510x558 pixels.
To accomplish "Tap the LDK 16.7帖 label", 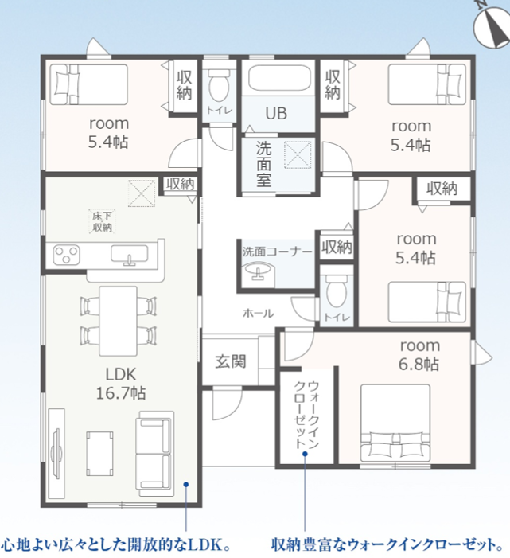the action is point(121,384).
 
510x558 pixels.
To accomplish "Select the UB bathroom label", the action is point(276,114).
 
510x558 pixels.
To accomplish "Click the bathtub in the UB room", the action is point(279,78).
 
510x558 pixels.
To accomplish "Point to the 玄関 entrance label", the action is point(231,361).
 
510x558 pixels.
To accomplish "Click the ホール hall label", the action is point(259,314).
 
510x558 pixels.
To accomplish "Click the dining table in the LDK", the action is point(118,321).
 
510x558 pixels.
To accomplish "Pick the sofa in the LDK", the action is point(155,454).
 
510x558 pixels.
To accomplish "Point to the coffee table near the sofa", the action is point(100,454).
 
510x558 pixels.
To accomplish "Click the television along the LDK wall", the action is point(56,453).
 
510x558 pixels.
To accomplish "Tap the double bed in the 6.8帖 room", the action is point(395,423).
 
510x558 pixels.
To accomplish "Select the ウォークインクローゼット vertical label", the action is point(306,415).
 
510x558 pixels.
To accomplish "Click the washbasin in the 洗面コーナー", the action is point(258,272).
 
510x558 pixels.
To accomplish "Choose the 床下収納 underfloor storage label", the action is point(102,221).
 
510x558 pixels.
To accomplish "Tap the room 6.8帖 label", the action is point(419,355).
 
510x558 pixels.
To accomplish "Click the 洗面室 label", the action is point(263,165).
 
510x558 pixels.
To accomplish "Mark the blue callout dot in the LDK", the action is point(185,484).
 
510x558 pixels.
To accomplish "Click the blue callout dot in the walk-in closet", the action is point(305,454).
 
